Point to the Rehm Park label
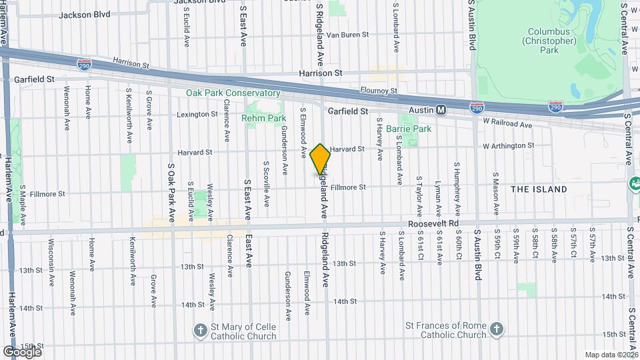264,118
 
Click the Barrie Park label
409,128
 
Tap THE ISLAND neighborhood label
539,189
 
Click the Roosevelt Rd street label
434,224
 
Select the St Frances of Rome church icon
495,329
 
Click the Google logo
21,352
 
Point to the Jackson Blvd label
84,13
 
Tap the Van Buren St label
347,35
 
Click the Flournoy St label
380,91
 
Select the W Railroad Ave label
508,125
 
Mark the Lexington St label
197,115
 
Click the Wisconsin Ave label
51,261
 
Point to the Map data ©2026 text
612,355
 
